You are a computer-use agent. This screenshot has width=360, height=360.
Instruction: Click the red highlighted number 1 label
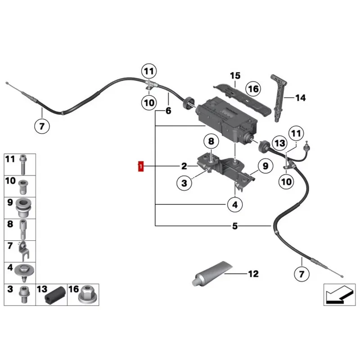[140, 166]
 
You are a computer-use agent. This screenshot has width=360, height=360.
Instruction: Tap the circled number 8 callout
[211, 141]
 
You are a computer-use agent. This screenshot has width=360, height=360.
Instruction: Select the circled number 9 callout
[265, 166]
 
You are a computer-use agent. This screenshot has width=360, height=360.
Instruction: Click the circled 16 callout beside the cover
[253, 89]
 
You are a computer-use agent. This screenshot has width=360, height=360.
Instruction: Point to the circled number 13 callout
[279, 143]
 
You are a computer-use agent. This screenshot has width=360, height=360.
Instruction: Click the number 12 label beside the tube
[253, 274]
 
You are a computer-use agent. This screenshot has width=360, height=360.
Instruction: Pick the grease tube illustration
[211, 273]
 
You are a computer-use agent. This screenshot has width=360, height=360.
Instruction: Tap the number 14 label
[300, 98]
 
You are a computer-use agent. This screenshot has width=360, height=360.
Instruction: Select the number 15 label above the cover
[235, 76]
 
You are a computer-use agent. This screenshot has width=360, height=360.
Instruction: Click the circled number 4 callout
[235, 204]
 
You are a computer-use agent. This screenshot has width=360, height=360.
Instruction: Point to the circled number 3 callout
[184, 183]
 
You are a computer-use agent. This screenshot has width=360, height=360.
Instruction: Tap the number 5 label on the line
[234, 226]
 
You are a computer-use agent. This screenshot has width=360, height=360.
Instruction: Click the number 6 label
[168, 111]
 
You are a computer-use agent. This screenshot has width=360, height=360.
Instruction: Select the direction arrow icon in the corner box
[339, 294]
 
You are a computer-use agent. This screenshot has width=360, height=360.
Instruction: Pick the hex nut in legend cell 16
[86, 295]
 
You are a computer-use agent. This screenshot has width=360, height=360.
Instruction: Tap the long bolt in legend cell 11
[23, 164]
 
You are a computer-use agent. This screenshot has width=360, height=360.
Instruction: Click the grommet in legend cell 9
[23, 208]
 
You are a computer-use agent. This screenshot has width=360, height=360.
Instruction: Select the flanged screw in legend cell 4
[24, 273]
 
